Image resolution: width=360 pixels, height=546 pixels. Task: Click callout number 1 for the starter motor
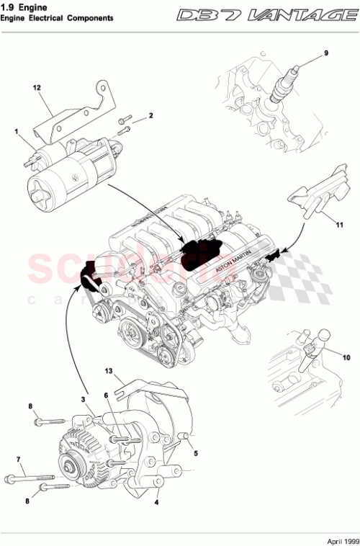[15, 131]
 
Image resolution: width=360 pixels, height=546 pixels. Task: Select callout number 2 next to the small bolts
[151, 115]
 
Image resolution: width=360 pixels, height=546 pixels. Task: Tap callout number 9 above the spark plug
[325, 53]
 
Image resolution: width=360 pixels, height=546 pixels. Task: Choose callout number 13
[109, 373]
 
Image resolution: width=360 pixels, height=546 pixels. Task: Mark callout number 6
[105, 395]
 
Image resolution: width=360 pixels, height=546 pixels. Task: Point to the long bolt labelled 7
[32, 477]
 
